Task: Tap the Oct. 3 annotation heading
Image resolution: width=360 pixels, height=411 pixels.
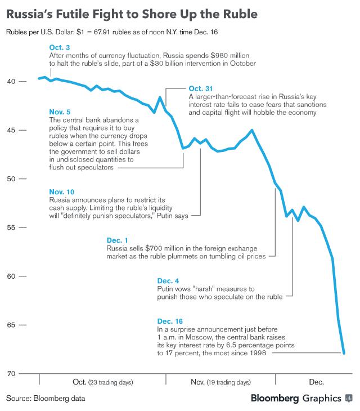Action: click(60, 48)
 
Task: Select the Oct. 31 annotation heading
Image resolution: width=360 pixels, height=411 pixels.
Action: click(201, 88)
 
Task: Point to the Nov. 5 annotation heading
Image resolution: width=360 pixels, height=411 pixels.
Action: click(60, 112)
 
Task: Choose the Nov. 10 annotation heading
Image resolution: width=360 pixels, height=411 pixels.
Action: click(62, 192)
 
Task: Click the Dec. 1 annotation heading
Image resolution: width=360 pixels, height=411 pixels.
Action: click(117, 240)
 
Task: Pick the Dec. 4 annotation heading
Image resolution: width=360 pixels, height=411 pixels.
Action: click(168, 280)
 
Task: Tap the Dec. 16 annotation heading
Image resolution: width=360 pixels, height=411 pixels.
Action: click(171, 321)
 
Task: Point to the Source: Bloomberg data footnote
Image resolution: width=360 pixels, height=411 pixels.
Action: click(46, 399)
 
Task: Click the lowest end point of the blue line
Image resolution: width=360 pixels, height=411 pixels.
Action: click(344, 353)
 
